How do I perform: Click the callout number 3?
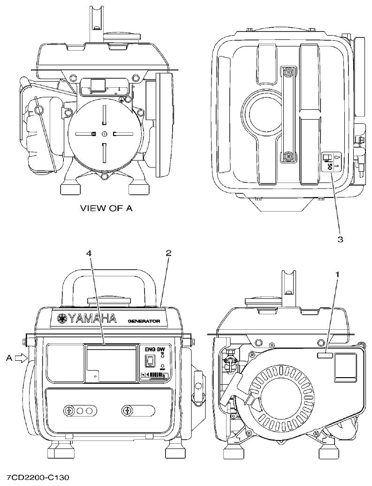pyautogui.click(x=340, y=239)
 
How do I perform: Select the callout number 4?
pyautogui.click(x=89, y=253)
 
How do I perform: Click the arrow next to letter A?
pyautogui.click(x=22, y=358)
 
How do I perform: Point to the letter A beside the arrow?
pyautogui.click(x=8, y=358)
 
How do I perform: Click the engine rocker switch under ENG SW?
pyautogui.click(x=150, y=361)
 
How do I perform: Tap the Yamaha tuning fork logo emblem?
pyautogui.click(x=61, y=319)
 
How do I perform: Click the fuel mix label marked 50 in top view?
pyautogui.click(x=330, y=162)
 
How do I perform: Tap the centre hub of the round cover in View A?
pyautogui.click(x=104, y=134)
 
